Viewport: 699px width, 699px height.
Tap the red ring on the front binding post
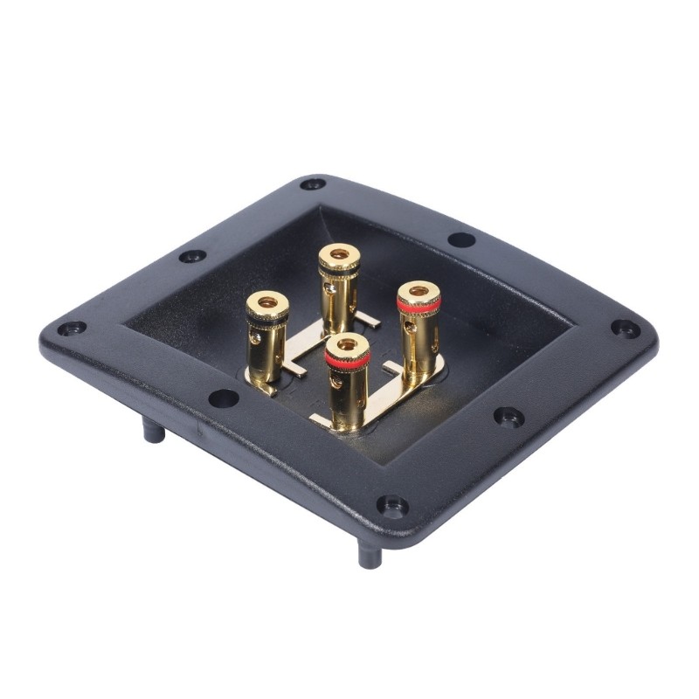pos(347,361)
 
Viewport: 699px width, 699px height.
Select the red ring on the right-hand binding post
pos(419,305)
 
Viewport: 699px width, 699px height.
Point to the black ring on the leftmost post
pos(267,318)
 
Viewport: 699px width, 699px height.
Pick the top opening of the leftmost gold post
pos(267,302)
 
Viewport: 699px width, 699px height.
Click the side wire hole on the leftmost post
pos(256,336)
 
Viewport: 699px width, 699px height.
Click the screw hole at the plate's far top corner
pos(312,183)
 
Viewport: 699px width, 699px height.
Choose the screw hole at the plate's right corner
pos(625,328)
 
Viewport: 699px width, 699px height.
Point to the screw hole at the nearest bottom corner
pos(391,505)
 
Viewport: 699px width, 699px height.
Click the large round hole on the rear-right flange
pos(461,239)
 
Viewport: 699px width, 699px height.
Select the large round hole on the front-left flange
pos(224,398)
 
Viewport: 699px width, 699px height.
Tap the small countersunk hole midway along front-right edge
pos(509,416)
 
